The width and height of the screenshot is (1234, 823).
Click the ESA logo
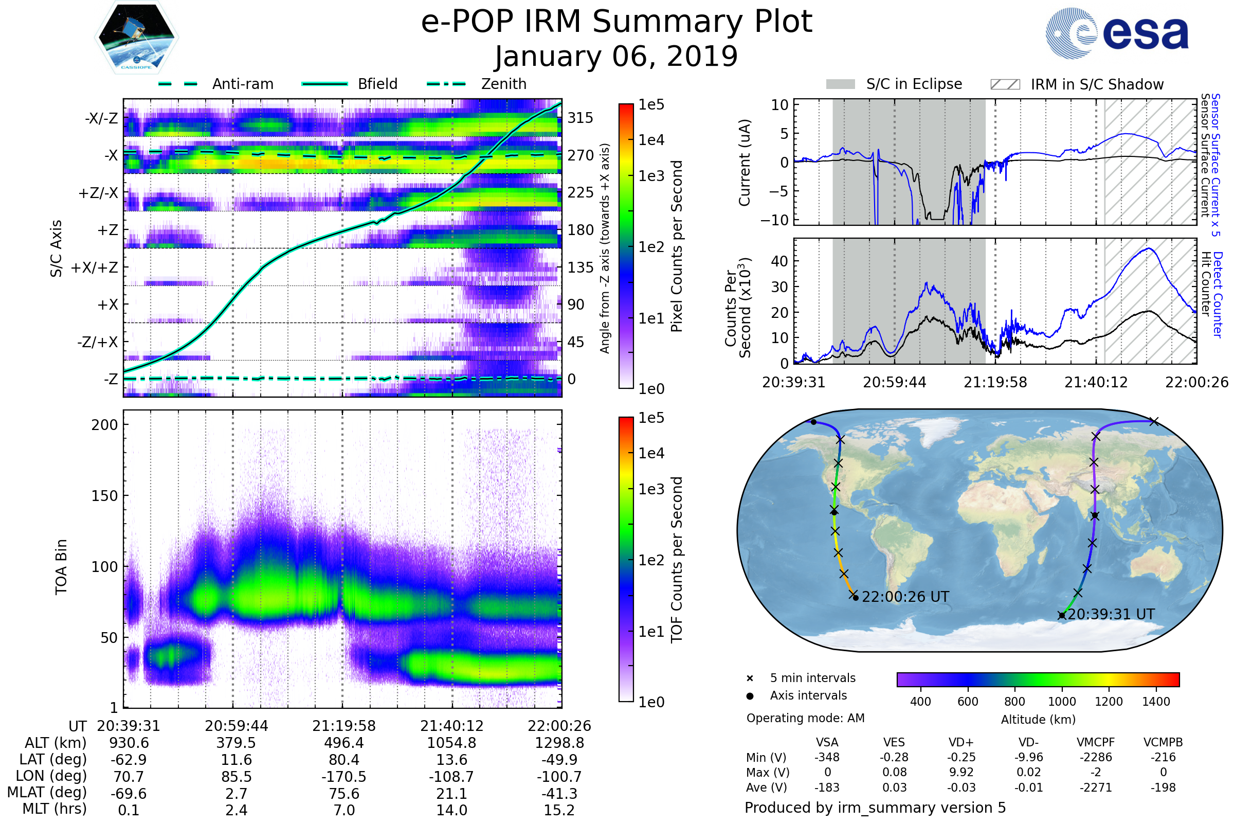[x=1117, y=33]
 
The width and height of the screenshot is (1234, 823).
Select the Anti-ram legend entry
[x=242, y=84]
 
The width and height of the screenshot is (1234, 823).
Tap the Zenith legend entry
[x=504, y=84]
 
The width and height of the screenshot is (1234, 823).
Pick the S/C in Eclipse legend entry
[x=914, y=84]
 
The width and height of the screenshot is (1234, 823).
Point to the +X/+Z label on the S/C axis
[x=95, y=267]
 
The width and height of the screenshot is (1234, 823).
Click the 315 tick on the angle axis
[x=580, y=118]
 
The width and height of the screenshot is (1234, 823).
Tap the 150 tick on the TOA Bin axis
[x=104, y=496]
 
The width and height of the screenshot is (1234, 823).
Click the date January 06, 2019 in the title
[x=616, y=56]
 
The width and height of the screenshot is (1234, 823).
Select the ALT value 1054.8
[x=452, y=743]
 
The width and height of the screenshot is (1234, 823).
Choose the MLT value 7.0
[x=344, y=810]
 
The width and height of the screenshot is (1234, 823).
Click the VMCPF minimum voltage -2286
[x=1096, y=757]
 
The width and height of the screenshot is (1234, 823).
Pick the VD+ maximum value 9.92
[x=961, y=772]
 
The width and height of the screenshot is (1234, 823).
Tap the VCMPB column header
[x=1163, y=742]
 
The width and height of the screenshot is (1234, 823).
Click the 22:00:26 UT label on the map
[x=905, y=597]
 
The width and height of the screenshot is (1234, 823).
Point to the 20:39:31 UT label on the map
[x=1111, y=614]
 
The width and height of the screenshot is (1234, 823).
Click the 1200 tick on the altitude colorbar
[x=1109, y=702]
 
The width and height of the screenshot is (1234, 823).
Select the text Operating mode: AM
[x=805, y=718]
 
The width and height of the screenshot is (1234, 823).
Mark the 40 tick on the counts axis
[x=779, y=261]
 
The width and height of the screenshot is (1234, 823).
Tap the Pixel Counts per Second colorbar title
[x=677, y=246]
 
